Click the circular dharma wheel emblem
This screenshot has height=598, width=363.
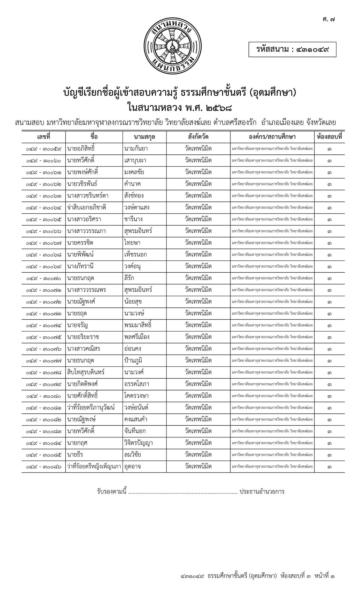[x=173, y=45]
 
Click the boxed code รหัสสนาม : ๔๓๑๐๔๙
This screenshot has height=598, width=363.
[x=292, y=49]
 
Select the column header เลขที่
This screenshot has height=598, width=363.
[x=44, y=137]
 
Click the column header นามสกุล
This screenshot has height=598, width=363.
[x=145, y=137]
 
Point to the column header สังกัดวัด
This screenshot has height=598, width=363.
[x=198, y=137]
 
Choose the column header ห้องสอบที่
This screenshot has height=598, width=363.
[x=329, y=137]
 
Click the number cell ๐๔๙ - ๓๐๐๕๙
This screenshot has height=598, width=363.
[x=44, y=149]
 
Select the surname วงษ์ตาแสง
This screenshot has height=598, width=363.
[x=137, y=208]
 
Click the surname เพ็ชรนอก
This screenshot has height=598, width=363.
[x=136, y=255]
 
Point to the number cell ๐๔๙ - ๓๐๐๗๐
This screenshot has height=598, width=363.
[x=44, y=278]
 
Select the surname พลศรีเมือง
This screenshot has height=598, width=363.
[x=137, y=337]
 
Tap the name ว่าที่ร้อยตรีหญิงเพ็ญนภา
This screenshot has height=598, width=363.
[x=94, y=466]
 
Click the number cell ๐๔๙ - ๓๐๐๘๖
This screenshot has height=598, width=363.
[x=44, y=466]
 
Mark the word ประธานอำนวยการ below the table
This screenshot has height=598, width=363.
[x=262, y=491]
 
